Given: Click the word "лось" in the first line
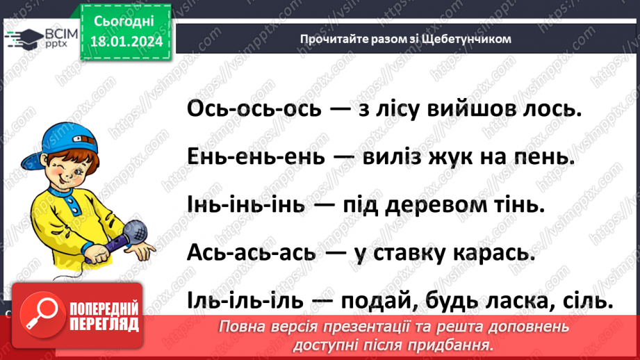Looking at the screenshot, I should (547, 109).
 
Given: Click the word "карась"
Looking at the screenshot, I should (495, 254).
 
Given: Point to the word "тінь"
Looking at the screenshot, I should (514, 206).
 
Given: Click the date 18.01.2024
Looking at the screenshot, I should (126, 40).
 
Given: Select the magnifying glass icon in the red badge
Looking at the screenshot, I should (37, 316).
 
